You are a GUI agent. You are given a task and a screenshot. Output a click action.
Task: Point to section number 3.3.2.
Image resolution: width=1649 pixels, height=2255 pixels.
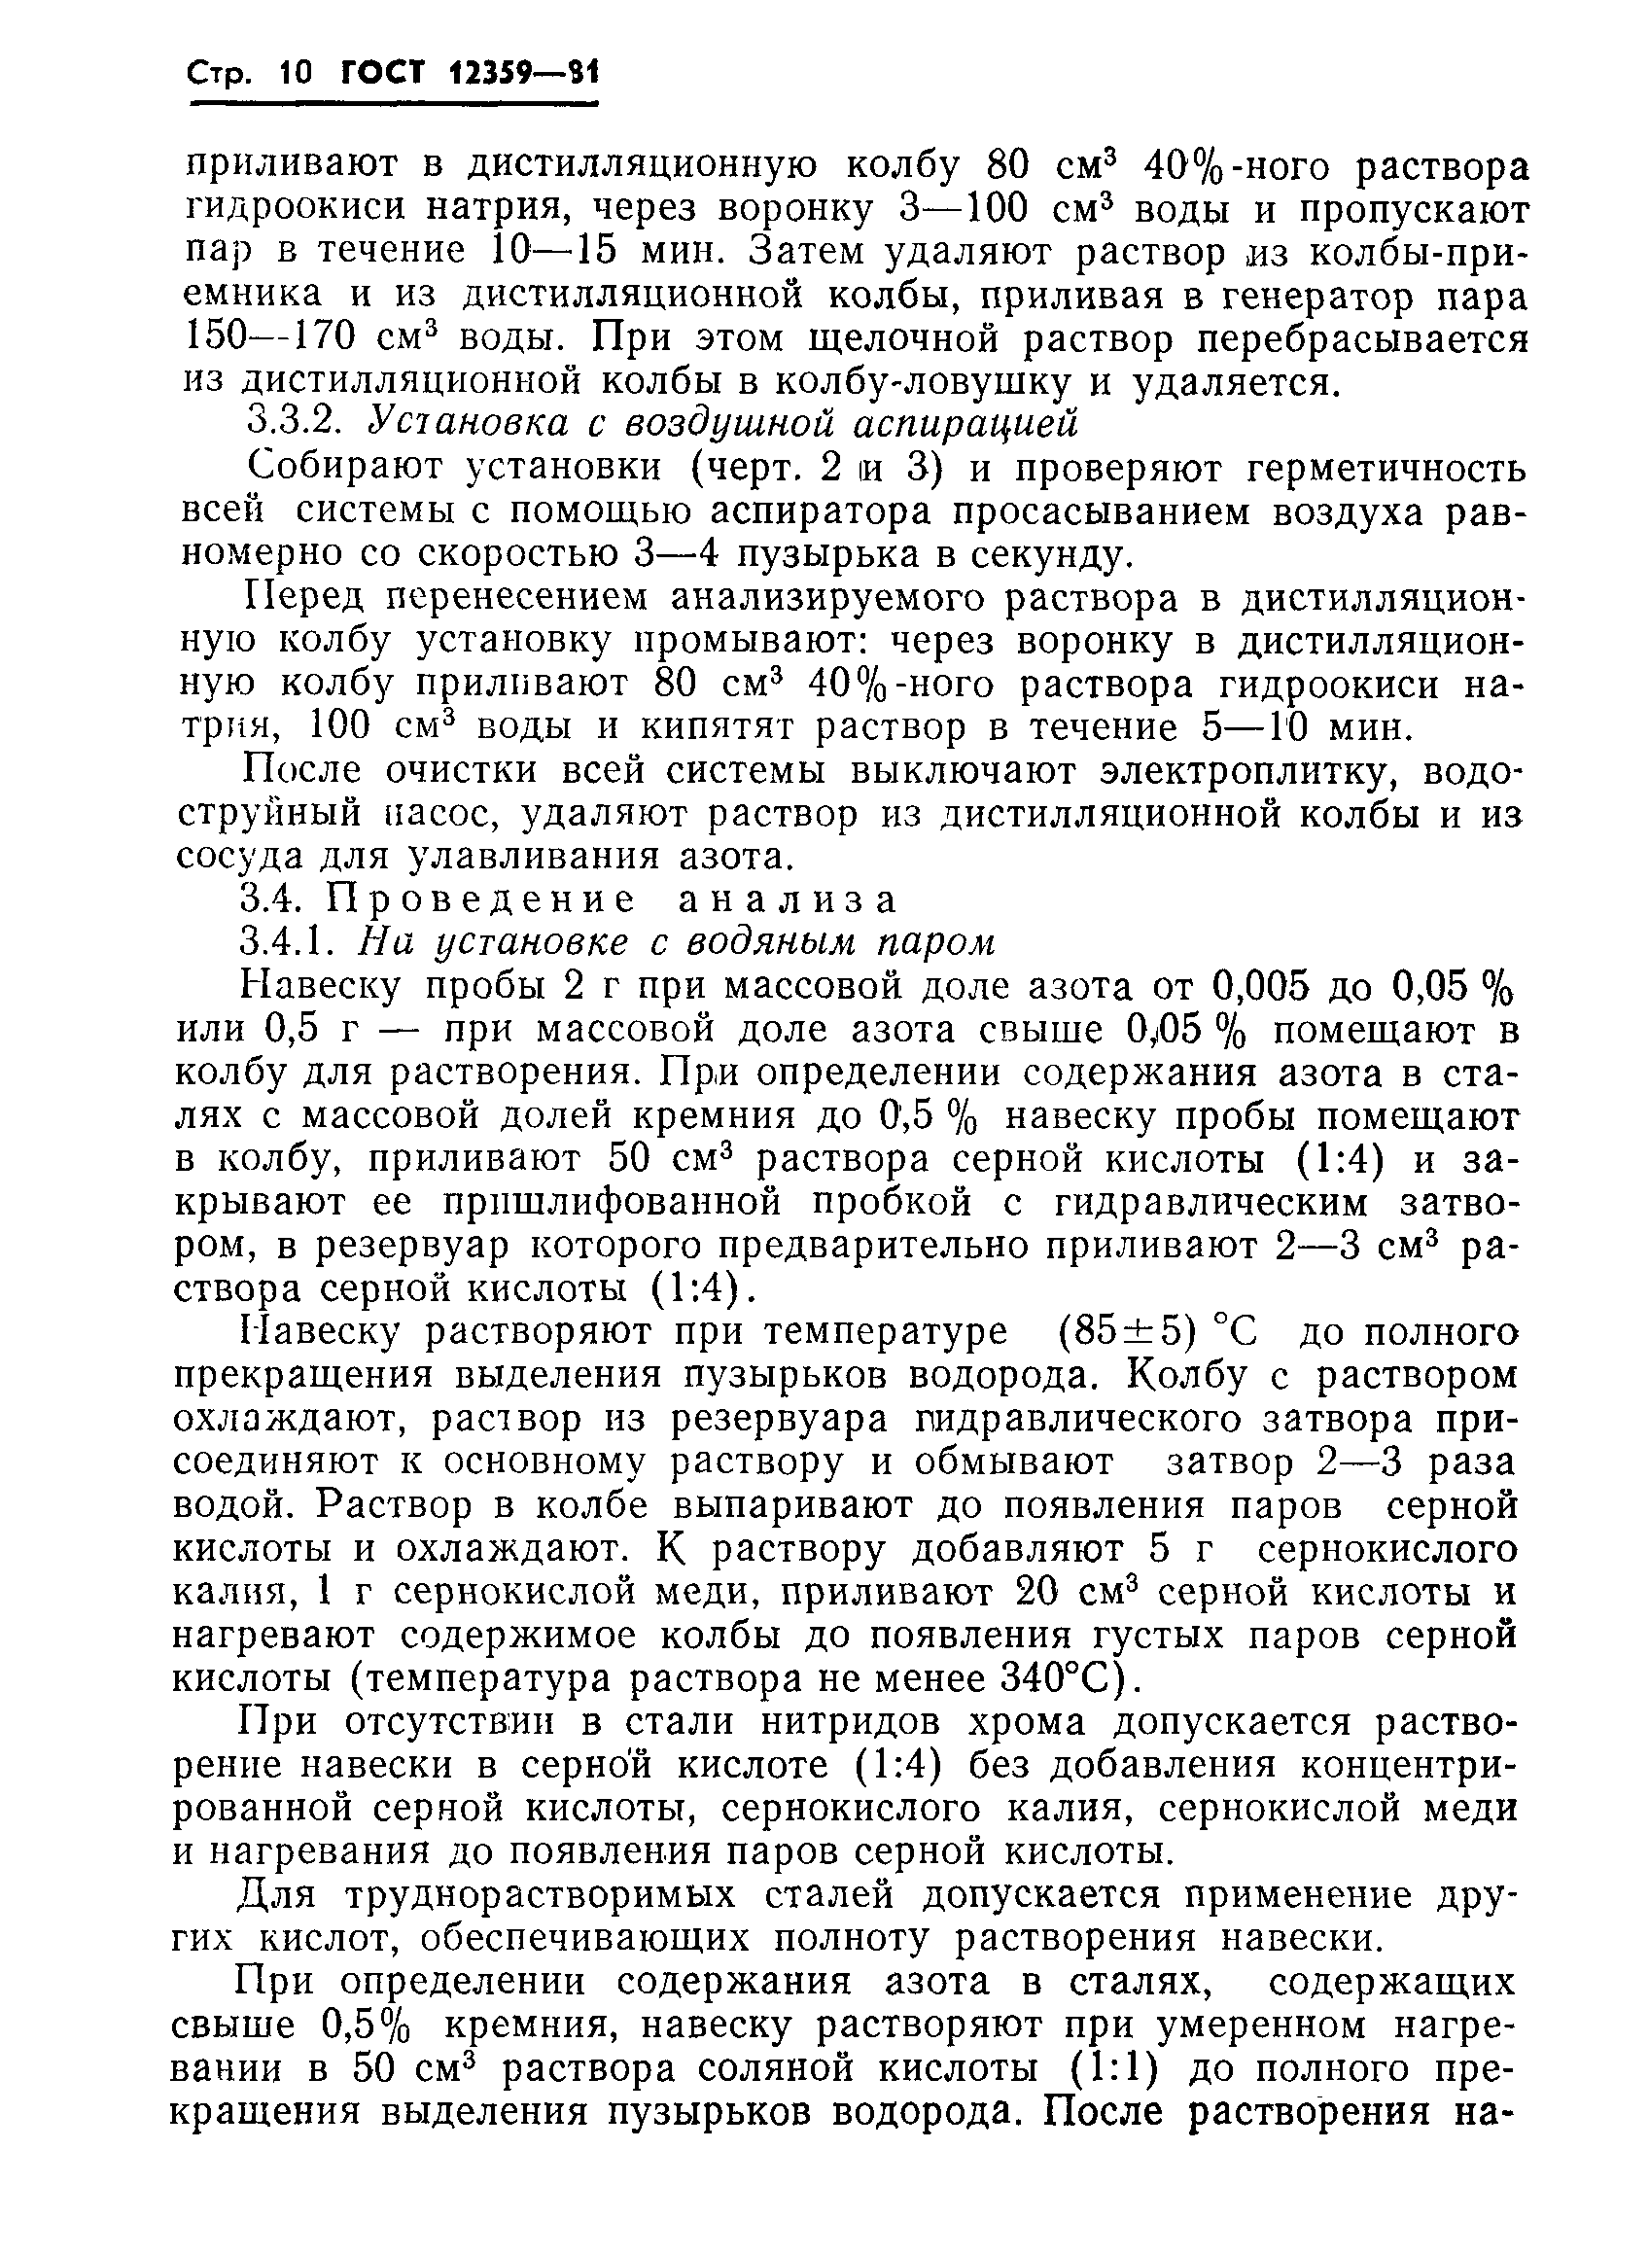[x=295, y=424]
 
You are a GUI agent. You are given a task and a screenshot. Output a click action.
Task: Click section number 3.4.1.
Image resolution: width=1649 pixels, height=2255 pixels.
[x=295, y=942]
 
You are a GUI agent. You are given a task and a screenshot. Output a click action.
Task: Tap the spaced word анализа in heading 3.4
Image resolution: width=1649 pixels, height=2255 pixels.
[x=789, y=900]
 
